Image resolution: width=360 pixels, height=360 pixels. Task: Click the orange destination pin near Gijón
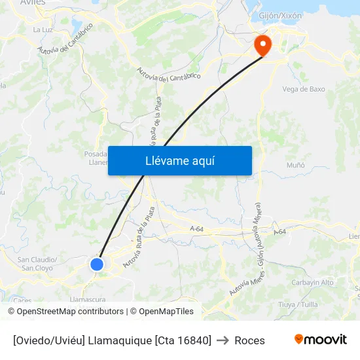point(262,45)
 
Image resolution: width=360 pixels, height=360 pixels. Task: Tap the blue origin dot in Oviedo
point(97,264)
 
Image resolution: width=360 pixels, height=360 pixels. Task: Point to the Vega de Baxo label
point(303,89)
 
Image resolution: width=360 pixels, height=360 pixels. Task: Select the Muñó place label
point(296,165)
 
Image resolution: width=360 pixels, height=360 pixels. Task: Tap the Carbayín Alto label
point(312,282)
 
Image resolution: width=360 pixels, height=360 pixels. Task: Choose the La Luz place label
point(43,29)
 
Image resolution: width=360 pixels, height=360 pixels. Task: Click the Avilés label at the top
point(33,3)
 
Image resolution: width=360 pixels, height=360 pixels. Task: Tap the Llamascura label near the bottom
point(87,299)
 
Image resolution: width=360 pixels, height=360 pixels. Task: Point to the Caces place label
point(23,300)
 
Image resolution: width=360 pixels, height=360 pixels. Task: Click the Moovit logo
point(321,340)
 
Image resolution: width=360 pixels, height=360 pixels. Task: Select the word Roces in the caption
point(249,340)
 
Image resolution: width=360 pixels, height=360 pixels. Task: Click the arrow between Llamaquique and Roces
point(223,340)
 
